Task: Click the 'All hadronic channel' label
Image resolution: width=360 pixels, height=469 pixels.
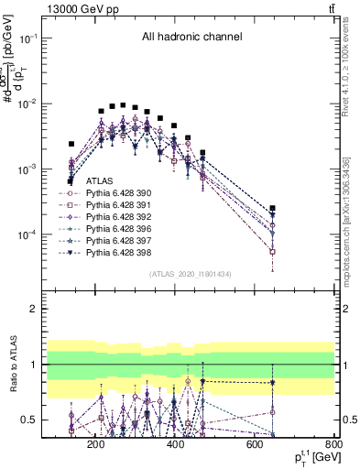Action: coord(191,38)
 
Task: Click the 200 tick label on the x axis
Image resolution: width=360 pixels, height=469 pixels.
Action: coord(95,445)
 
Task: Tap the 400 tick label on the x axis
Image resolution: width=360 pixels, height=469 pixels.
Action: coord(176,445)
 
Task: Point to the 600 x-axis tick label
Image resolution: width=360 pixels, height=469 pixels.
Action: coord(256,445)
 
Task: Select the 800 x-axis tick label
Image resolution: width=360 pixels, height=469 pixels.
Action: coord(335,445)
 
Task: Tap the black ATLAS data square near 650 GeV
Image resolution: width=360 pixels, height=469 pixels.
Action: coord(272,209)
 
